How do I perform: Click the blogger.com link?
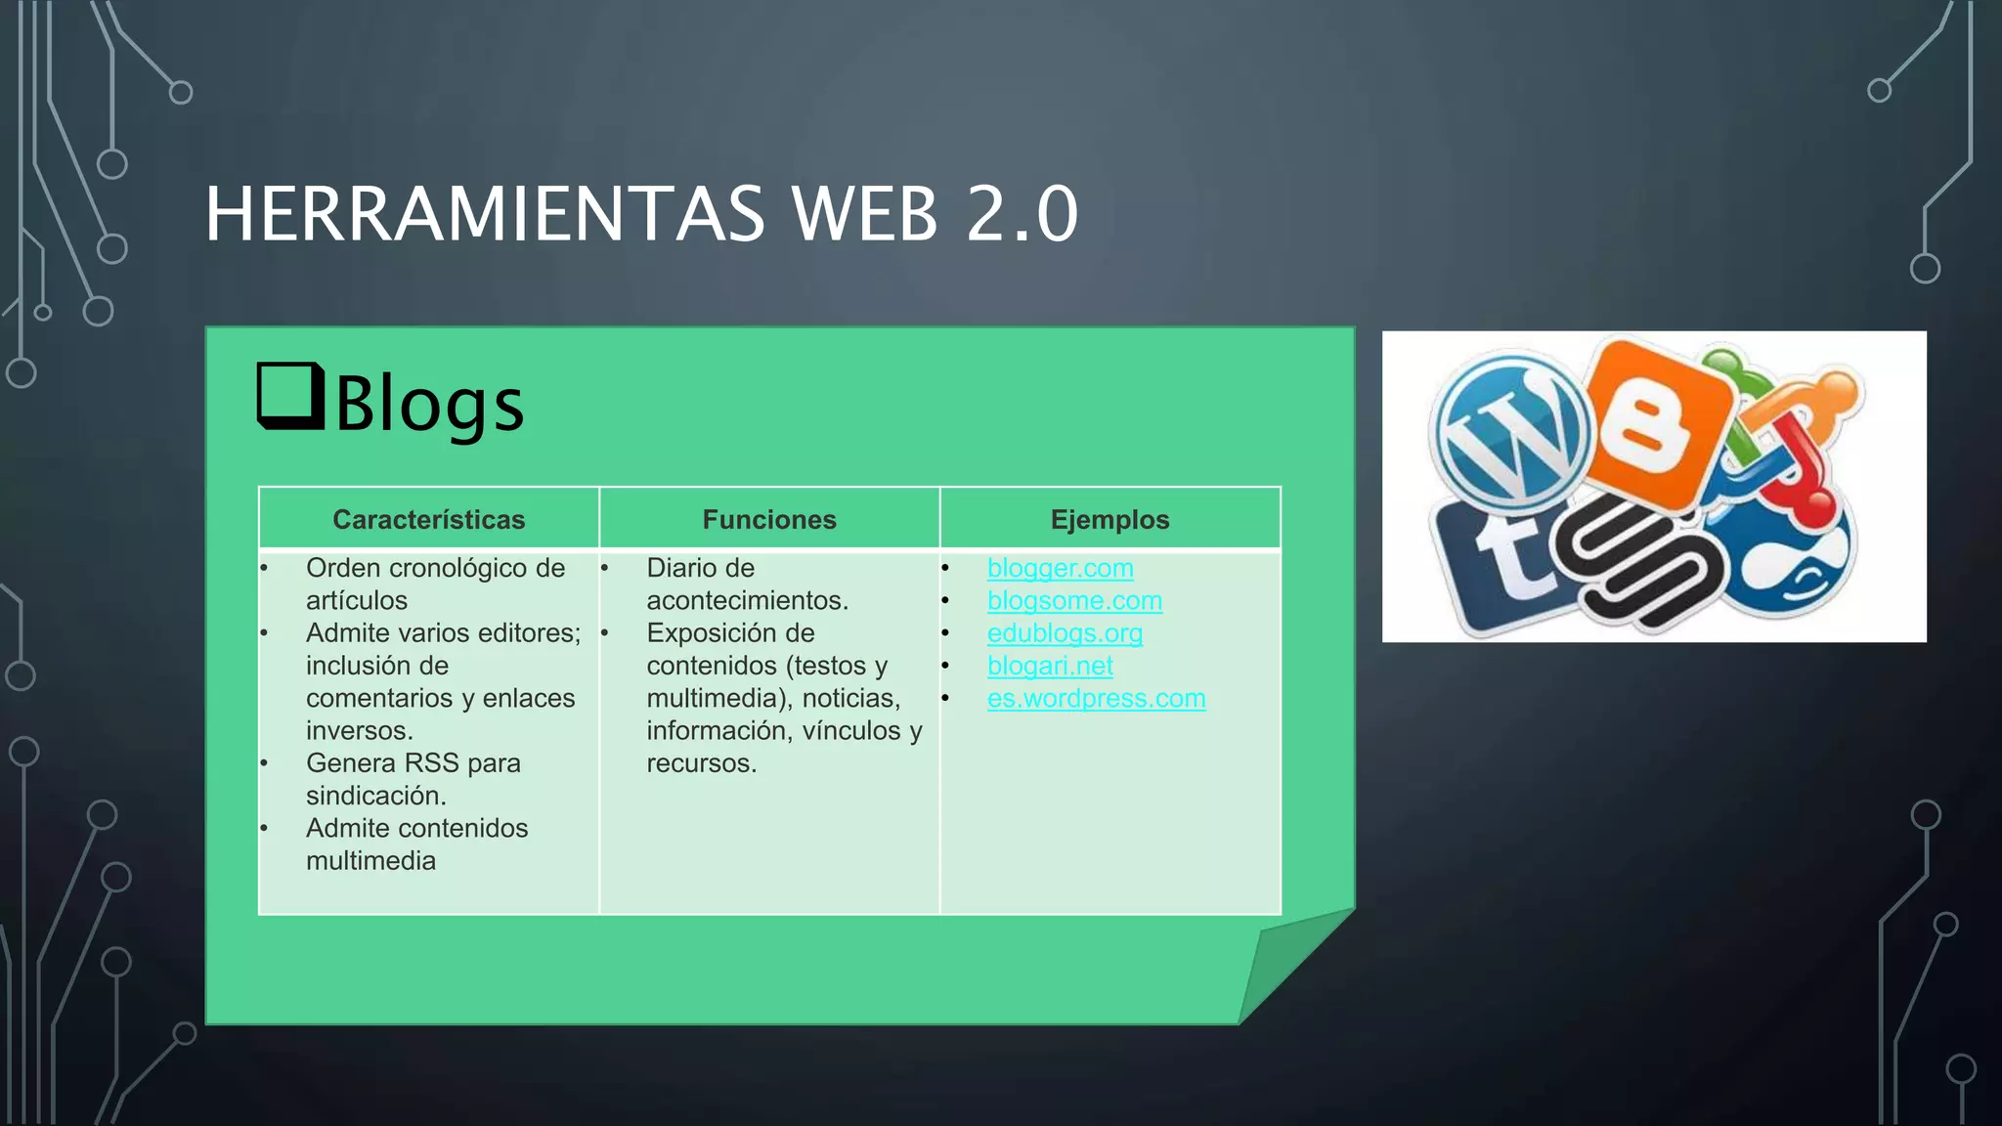1060,568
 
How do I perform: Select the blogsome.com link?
1074,600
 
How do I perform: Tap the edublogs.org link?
1065,633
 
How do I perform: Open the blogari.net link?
1050,666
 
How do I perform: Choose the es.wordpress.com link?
1096,698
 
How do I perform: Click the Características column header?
428,519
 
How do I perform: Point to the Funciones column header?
769,519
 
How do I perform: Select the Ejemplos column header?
1110,519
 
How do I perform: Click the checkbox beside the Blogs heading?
290,396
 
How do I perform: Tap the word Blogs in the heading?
430,404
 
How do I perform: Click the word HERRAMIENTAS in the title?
485,214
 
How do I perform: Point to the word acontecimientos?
747,600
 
